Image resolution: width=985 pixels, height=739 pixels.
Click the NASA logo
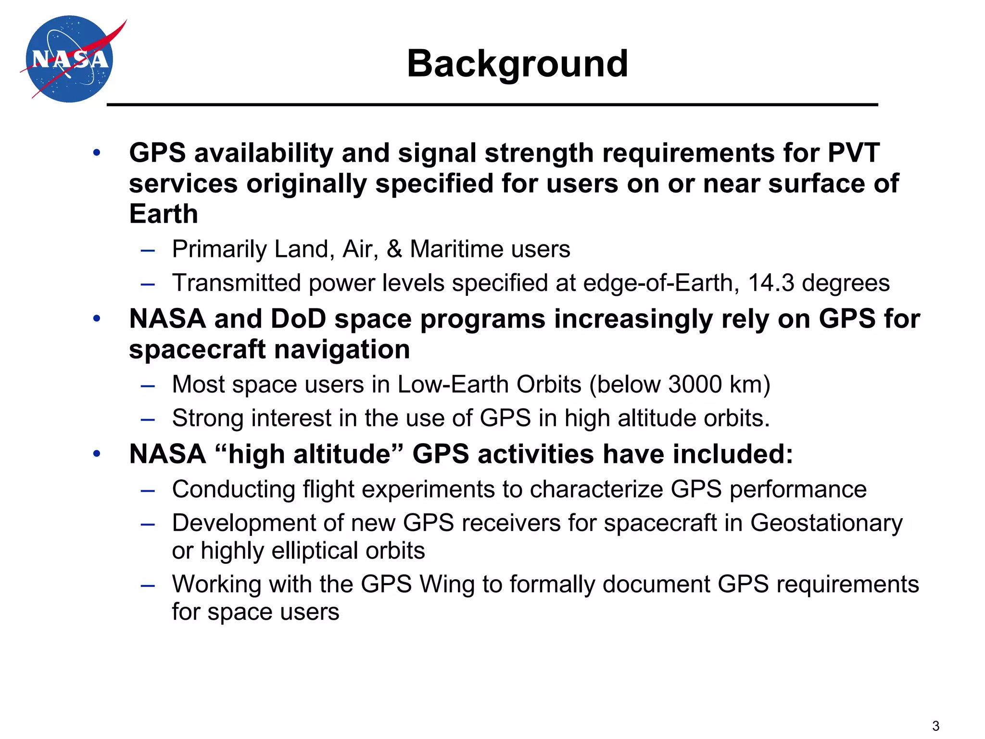(x=70, y=59)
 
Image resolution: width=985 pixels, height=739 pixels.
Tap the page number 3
(x=935, y=726)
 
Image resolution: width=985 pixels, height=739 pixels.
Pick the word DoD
(x=298, y=319)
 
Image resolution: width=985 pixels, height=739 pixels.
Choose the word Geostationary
(x=826, y=523)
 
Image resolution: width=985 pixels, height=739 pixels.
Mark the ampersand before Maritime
(x=394, y=249)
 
